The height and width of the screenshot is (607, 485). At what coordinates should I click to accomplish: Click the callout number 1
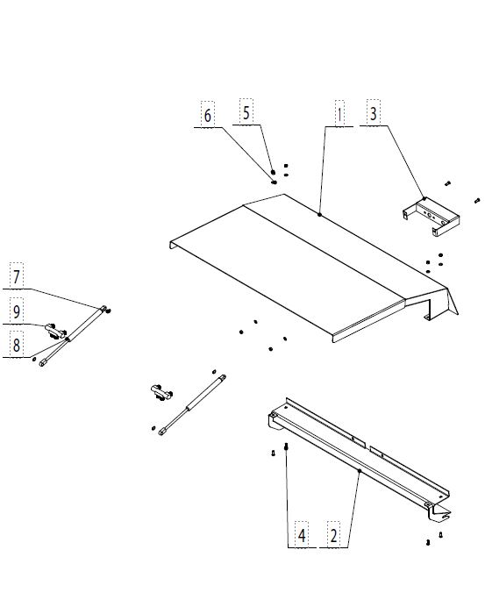339,115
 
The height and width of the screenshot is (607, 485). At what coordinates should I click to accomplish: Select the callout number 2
333,536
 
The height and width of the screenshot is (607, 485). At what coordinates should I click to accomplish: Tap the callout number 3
373,114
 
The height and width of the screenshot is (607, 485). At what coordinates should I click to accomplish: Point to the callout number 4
302,536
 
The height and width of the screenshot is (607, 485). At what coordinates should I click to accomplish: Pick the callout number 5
246,112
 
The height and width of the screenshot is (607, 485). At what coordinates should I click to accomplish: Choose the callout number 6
208,116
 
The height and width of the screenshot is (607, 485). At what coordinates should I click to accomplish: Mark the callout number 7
17,277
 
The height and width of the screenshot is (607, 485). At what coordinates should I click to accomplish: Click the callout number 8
17,345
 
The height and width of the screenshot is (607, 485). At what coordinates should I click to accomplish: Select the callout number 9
17,311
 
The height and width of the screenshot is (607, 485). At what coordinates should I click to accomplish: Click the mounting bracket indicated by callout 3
432,216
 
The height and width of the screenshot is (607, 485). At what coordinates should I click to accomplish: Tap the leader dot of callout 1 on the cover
319,214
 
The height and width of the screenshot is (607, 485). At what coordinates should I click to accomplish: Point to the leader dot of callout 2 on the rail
360,471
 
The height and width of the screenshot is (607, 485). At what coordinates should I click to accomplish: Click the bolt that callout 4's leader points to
286,446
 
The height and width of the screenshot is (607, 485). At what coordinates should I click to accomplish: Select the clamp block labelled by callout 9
55,330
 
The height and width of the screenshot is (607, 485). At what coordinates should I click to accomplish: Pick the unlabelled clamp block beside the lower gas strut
161,392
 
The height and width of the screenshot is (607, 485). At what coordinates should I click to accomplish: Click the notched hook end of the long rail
442,514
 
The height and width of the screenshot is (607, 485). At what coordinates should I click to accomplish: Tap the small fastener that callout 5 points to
273,172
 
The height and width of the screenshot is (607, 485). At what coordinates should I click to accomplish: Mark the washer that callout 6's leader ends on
275,182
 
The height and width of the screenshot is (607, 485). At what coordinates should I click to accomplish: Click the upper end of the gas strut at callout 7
103,308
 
